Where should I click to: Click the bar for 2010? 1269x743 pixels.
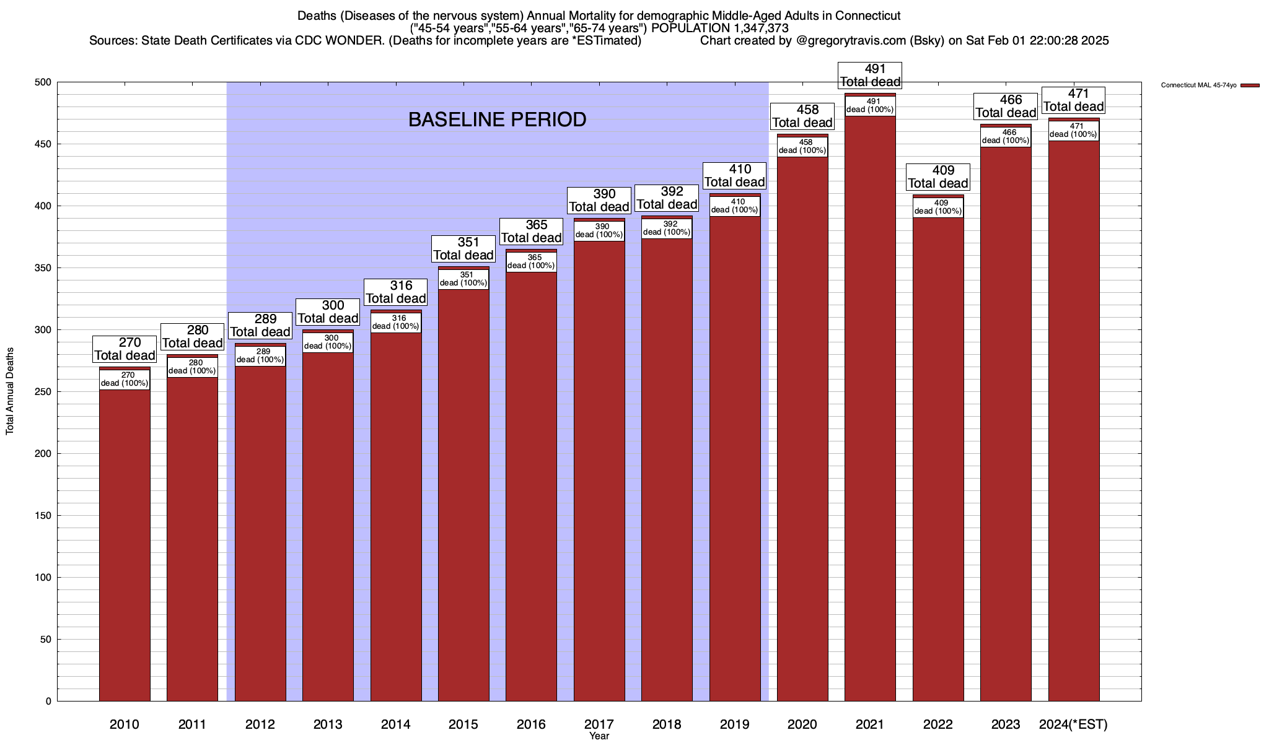pyautogui.click(x=125, y=545)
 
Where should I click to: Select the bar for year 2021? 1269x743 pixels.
pyautogui.click(x=870, y=409)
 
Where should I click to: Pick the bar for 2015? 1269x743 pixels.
pyautogui.click(x=463, y=495)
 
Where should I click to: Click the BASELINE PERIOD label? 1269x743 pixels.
pyautogui.click(x=497, y=119)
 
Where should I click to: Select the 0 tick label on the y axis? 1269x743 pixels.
pyautogui.click(x=48, y=702)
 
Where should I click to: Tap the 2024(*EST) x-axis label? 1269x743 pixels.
pyautogui.click(x=1073, y=724)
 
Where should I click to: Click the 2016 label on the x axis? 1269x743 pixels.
pyautogui.click(x=531, y=724)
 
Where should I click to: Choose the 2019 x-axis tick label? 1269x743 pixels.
pyautogui.click(x=734, y=724)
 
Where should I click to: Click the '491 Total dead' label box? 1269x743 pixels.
pyautogui.click(x=870, y=76)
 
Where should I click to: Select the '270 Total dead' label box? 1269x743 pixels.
pyautogui.click(x=125, y=349)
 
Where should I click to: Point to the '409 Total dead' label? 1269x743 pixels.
pyautogui.click(x=938, y=177)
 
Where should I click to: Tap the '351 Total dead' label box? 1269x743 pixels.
pyautogui.click(x=463, y=249)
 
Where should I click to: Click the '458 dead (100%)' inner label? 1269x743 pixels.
pyautogui.click(x=802, y=147)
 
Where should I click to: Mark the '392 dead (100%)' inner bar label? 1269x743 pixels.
pyautogui.click(x=667, y=228)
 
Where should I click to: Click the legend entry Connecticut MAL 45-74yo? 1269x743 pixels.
pyautogui.click(x=1202, y=85)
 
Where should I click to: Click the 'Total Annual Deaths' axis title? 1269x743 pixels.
pyautogui.click(x=10, y=391)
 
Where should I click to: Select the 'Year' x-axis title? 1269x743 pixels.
pyautogui.click(x=599, y=736)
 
